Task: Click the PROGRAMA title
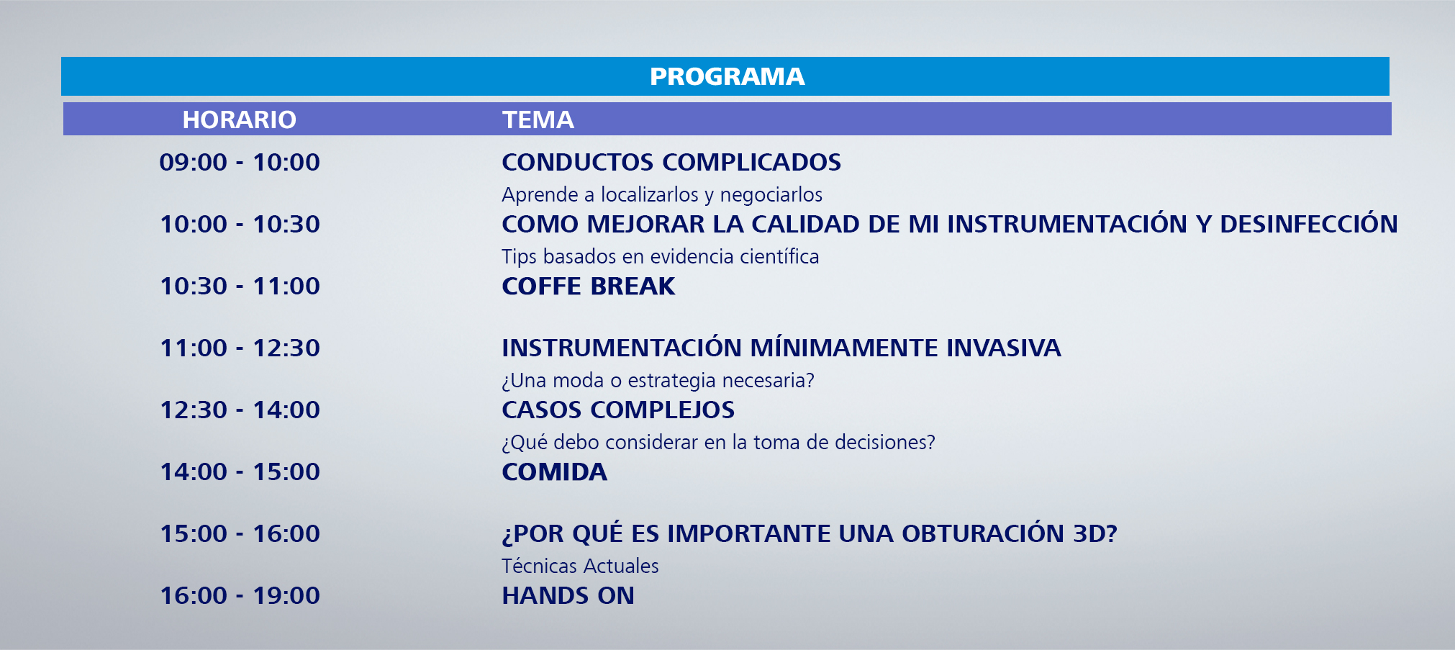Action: pyautogui.click(x=727, y=76)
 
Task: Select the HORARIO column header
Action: pyautogui.click(x=239, y=119)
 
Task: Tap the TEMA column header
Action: pyautogui.click(x=538, y=119)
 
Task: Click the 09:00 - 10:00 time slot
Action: pyautogui.click(x=240, y=162)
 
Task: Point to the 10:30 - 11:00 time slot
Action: pyautogui.click(x=240, y=286)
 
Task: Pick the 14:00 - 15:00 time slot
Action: pyautogui.click(x=240, y=471)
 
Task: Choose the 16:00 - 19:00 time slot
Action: pyautogui.click(x=240, y=595)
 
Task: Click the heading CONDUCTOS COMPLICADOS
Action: pyautogui.click(x=671, y=162)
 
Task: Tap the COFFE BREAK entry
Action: pyautogui.click(x=589, y=286)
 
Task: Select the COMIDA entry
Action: pyautogui.click(x=555, y=471)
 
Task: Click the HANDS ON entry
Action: pyautogui.click(x=568, y=595)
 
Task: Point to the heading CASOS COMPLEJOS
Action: pyautogui.click(x=618, y=410)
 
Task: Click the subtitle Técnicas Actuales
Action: pyautogui.click(x=580, y=566)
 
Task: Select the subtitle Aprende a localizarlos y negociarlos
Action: pyautogui.click(x=662, y=194)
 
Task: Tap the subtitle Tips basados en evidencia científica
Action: pyautogui.click(x=661, y=256)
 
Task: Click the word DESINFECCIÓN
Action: pyautogui.click(x=1309, y=223)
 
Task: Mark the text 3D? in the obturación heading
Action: pyautogui.click(x=1095, y=533)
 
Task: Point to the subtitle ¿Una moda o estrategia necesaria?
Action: pyautogui.click(x=658, y=380)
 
